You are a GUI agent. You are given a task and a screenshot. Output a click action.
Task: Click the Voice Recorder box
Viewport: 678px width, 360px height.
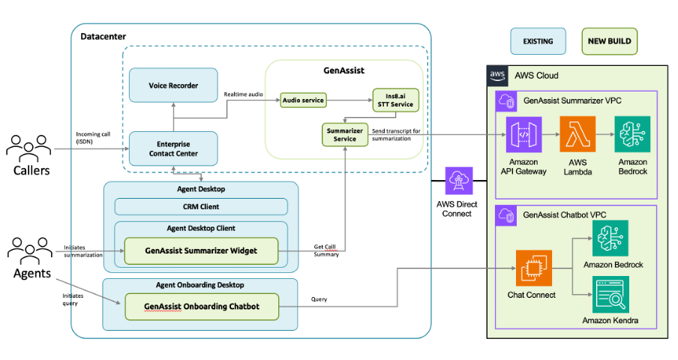point(173,85)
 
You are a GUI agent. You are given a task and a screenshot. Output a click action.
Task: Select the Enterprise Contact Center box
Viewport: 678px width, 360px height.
point(173,148)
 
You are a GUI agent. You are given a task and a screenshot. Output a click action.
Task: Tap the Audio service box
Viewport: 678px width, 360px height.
point(302,99)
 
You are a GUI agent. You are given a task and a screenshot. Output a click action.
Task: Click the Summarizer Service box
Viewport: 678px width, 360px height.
point(342,134)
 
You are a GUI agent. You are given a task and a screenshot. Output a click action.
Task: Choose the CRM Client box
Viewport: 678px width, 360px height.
point(200,207)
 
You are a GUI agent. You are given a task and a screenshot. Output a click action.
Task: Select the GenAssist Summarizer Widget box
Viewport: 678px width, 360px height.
point(200,250)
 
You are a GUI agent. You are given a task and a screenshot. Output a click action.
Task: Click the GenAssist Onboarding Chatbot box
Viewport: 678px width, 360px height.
point(200,306)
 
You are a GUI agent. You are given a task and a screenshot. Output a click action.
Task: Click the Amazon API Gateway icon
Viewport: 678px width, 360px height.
point(523,134)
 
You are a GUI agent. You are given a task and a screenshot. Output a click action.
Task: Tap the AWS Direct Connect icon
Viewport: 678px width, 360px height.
point(457,181)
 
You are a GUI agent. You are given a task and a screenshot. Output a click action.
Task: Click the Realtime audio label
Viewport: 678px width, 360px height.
point(244,94)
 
